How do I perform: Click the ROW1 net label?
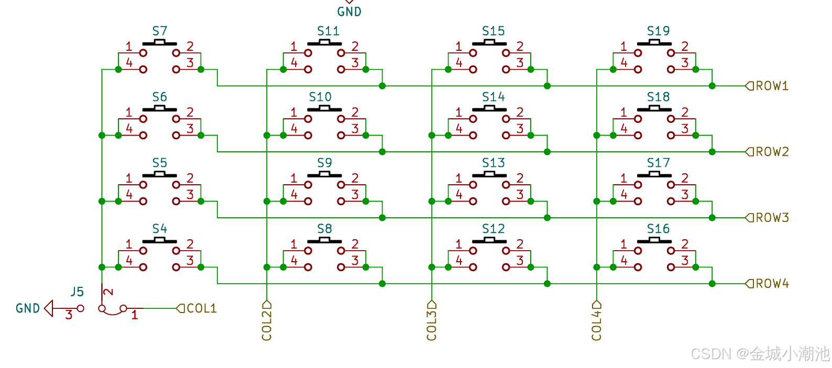pos(772,86)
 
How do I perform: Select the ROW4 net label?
pos(772,284)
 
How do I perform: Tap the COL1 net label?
pos(202,308)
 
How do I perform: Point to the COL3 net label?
pos(432,325)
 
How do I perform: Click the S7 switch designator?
pos(160,31)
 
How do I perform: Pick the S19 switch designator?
pos(658,31)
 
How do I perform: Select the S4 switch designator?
pos(160,229)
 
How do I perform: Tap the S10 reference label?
pos(320,97)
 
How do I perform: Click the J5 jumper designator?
pos(77,292)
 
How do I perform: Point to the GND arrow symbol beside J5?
pos(49,308)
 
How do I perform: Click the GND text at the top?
pos(349,12)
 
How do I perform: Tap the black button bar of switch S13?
pos(489,175)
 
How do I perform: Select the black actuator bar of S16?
pos(654,241)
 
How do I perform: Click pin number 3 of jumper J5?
pos(69,315)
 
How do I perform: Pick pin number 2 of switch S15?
pos(520,47)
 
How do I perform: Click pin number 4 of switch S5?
pos(129,195)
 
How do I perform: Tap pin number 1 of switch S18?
pos(623,113)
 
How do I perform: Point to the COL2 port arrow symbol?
pos(267,305)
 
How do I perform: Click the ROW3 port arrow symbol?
pos(749,218)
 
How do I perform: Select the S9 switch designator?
pos(324,163)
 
